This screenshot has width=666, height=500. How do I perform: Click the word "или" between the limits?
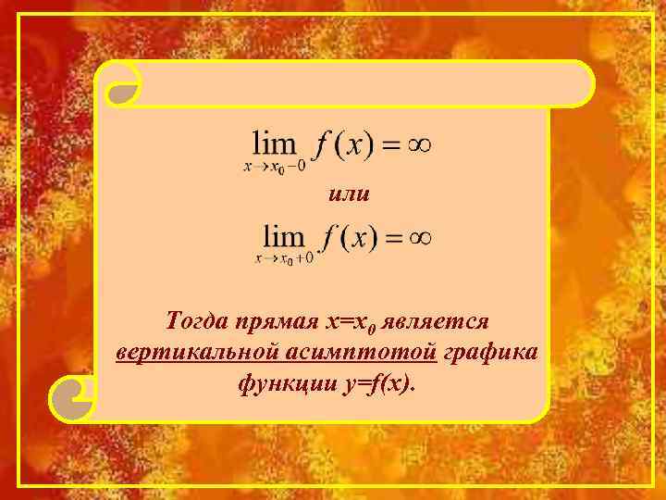[x=350, y=194]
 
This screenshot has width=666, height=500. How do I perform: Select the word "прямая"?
[x=277, y=321]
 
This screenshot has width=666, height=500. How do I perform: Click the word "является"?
[x=444, y=321]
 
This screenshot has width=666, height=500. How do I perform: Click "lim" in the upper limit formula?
[x=276, y=144]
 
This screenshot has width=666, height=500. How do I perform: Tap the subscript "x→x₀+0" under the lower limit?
[x=284, y=258]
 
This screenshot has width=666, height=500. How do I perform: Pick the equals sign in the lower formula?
[x=391, y=238]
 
